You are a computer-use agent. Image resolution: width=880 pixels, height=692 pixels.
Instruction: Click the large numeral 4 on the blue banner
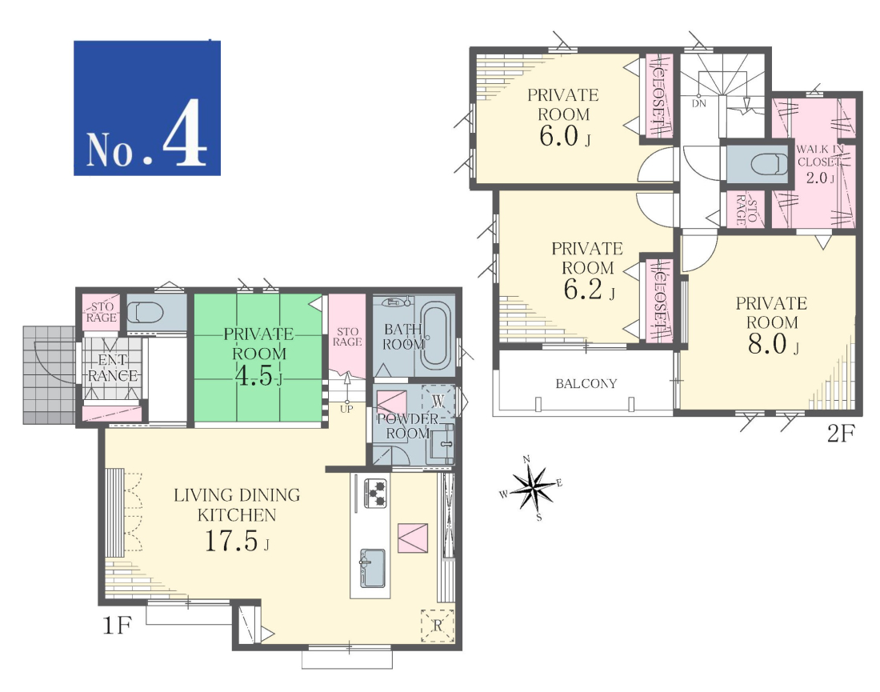185,133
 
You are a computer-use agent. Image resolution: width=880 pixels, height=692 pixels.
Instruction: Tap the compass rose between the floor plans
531,488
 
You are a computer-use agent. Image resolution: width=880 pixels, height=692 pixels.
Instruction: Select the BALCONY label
586,384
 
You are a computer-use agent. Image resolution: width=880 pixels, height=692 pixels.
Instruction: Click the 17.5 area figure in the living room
230,541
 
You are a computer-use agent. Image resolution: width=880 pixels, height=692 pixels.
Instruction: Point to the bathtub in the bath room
438,336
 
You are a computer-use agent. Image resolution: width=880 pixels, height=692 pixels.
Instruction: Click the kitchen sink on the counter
372,568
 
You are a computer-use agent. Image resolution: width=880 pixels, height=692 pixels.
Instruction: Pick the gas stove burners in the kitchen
375,493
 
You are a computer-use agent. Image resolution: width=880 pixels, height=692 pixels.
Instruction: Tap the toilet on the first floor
145,311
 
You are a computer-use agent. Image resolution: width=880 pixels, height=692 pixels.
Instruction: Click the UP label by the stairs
346,409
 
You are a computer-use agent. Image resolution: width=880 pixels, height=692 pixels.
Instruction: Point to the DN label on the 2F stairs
698,104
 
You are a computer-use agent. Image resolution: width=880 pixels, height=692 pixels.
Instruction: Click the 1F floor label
117,625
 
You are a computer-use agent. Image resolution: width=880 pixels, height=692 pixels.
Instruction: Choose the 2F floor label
841,434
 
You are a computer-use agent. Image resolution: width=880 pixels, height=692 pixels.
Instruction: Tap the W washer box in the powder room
438,400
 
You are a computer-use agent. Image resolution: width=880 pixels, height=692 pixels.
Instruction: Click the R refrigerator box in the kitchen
437,626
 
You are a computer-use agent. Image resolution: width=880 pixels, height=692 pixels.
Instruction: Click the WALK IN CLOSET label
820,155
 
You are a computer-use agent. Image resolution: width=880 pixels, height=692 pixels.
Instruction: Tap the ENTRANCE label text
113,368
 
